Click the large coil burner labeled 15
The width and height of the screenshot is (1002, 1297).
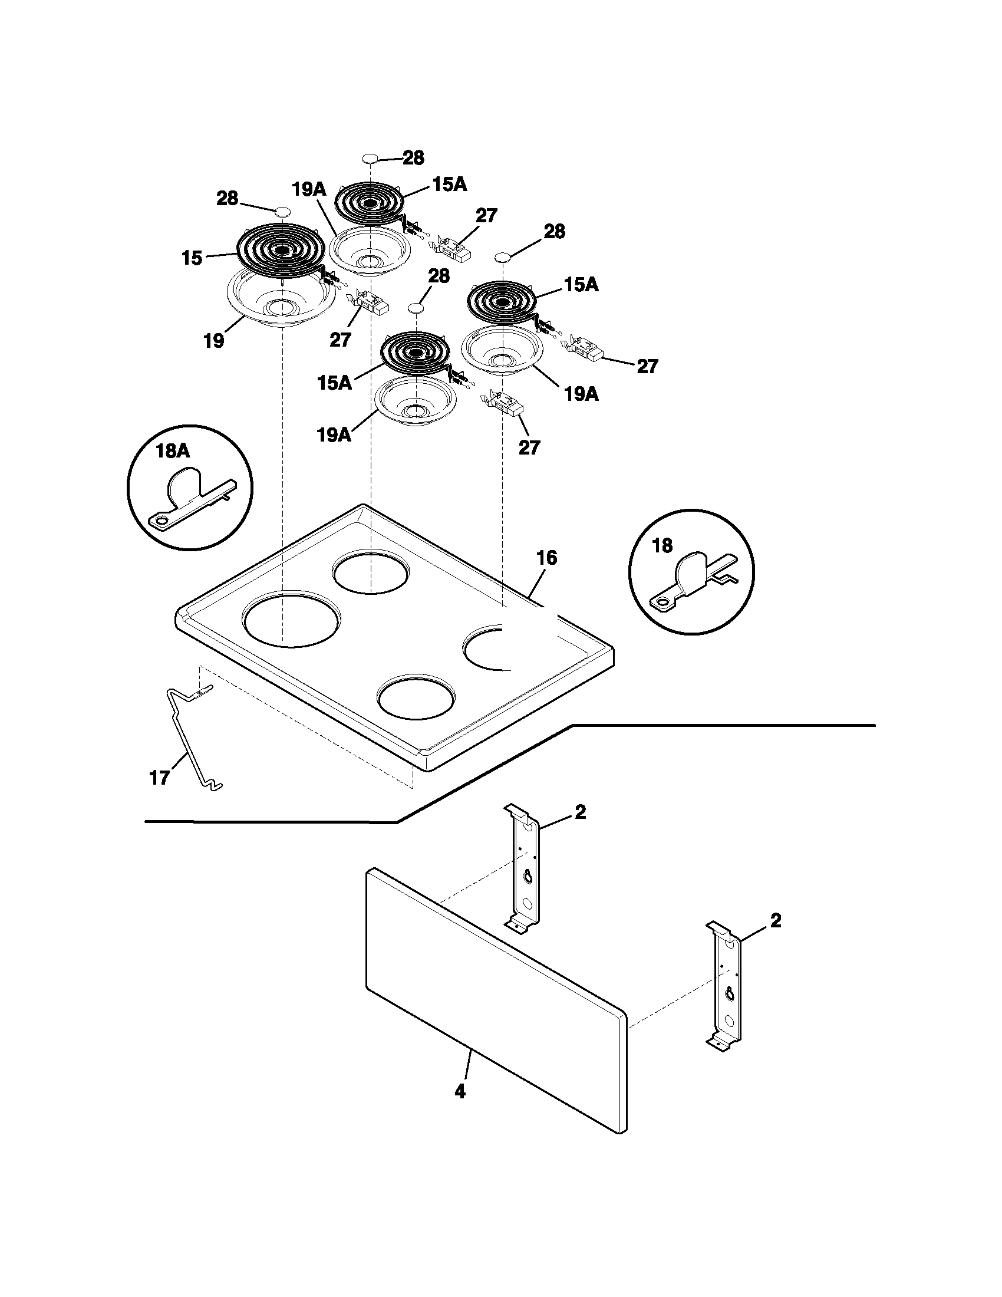pyautogui.click(x=280, y=249)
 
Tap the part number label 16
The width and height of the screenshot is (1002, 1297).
pyautogui.click(x=547, y=558)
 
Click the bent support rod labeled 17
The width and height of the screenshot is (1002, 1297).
pyautogui.click(x=187, y=742)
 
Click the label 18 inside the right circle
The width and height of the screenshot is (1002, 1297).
pyautogui.click(x=662, y=546)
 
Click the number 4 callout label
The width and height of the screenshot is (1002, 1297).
pyautogui.click(x=460, y=1091)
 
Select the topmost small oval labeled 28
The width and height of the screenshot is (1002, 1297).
pyautogui.click(x=370, y=159)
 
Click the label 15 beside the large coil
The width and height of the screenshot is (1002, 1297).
pyautogui.click(x=192, y=258)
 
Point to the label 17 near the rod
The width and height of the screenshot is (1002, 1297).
pyautogui.click(x=160, y=778)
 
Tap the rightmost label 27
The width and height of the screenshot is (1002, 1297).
pyautogui.click(x=647, y=367)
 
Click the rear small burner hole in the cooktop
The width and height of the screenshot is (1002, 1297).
pyautogui.click(x=371, y=574)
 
